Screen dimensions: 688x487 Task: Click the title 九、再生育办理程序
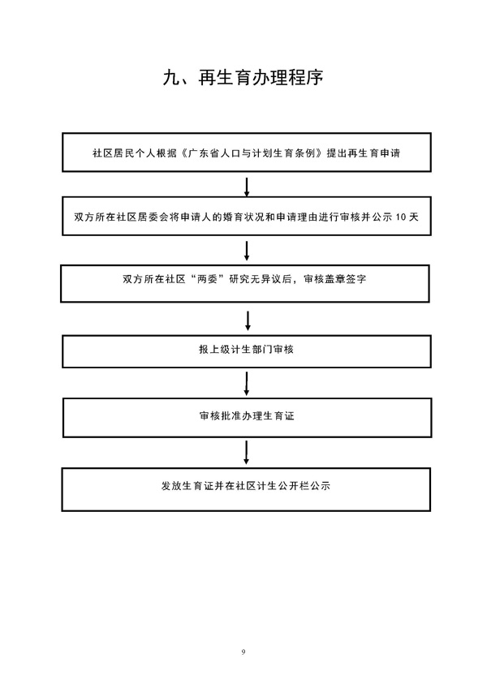tap(243, 79)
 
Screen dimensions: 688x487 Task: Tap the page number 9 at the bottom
tap(244, 651)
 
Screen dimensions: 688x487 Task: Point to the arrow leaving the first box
tap(247, 186)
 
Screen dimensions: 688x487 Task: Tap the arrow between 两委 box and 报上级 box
tap(247, 318)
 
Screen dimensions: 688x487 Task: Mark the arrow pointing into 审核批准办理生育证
tap(247, 383)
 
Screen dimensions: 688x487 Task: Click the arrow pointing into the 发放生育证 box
tap(247, 452)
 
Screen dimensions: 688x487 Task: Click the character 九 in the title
tap(170, 79)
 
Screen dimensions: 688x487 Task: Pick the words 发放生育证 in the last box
tap(187, 488)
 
